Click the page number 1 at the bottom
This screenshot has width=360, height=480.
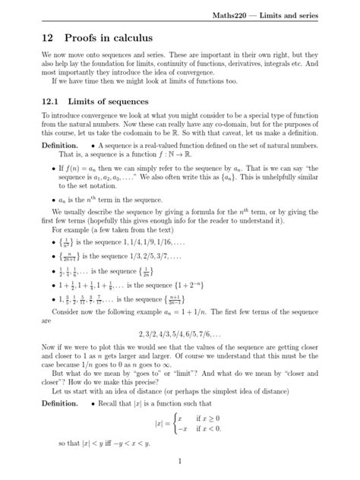pyautogui.click(x=179, y=460)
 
